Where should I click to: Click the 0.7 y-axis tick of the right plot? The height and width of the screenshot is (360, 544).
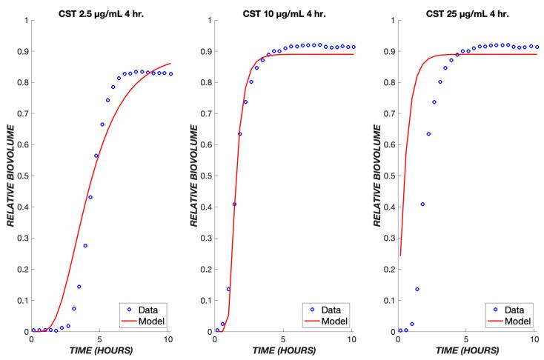pos(387,113)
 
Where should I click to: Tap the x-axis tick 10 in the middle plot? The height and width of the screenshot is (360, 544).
pos(352,340)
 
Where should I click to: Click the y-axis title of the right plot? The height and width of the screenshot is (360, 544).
pos(374,176)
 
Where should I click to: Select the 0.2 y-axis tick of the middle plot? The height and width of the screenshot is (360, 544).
pos(204,270)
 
